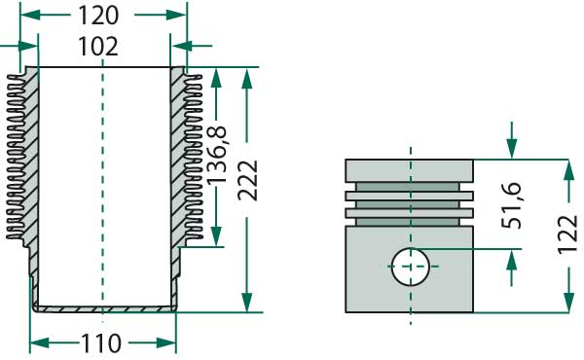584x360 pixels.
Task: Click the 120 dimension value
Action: click(x=97, y=17)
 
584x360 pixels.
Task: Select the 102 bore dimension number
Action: click(x=97, y=47)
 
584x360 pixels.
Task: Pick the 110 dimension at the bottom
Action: click(x=101, y=342)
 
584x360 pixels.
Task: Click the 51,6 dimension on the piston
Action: click(x=512, y=204)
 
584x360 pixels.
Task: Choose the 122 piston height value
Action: click(x=569, y=234)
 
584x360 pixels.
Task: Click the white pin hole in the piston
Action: click(x=410, y=266)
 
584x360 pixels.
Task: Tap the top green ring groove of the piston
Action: click(x=410, y=185)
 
